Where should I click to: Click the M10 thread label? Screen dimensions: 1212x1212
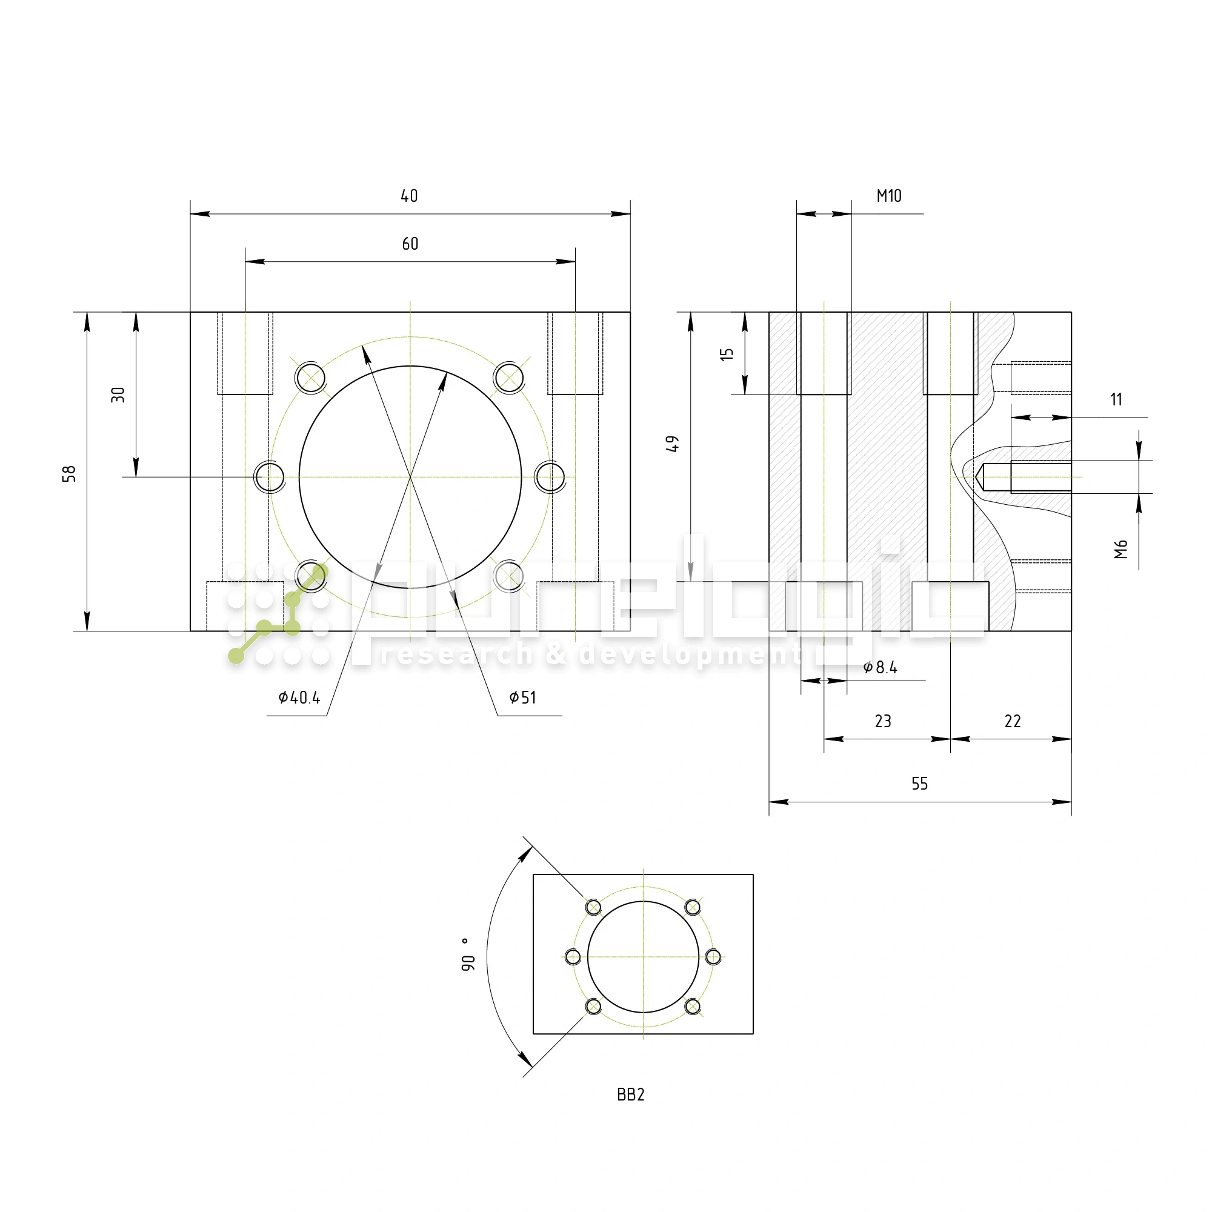(x=888, y=196)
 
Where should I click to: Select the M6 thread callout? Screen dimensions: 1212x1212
(x=1120, y=549)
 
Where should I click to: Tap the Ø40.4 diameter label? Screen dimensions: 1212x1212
(x=299, y=698)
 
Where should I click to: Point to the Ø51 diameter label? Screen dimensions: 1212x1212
(x=522, y=698)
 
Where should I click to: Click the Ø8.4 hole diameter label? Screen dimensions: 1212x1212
(x=880, y=667)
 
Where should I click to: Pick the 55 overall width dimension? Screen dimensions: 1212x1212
(x=919, y=784)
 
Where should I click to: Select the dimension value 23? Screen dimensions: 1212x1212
(x=883, y=721)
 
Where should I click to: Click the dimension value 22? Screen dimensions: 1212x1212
(x=1013, y=721)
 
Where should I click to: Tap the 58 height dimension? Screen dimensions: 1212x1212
(x=69, y=474)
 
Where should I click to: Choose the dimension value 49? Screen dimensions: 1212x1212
(x=672, y=444)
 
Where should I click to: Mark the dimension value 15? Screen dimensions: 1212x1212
(x=727, y=354)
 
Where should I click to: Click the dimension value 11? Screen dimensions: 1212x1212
(x=1116, y=399)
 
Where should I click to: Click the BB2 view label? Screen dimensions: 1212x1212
(x=630, y=1094)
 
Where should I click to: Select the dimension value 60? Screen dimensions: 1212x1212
(x=410, y=244)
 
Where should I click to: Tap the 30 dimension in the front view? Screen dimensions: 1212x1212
(x=118, y=395)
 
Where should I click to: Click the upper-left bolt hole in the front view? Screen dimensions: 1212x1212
(x=310, y=378)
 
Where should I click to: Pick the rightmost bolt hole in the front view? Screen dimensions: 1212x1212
(x=550, y=477)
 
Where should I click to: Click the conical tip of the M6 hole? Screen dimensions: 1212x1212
(x=978, y=478)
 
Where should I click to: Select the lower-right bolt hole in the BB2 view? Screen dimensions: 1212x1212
(x=693, y=1007)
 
